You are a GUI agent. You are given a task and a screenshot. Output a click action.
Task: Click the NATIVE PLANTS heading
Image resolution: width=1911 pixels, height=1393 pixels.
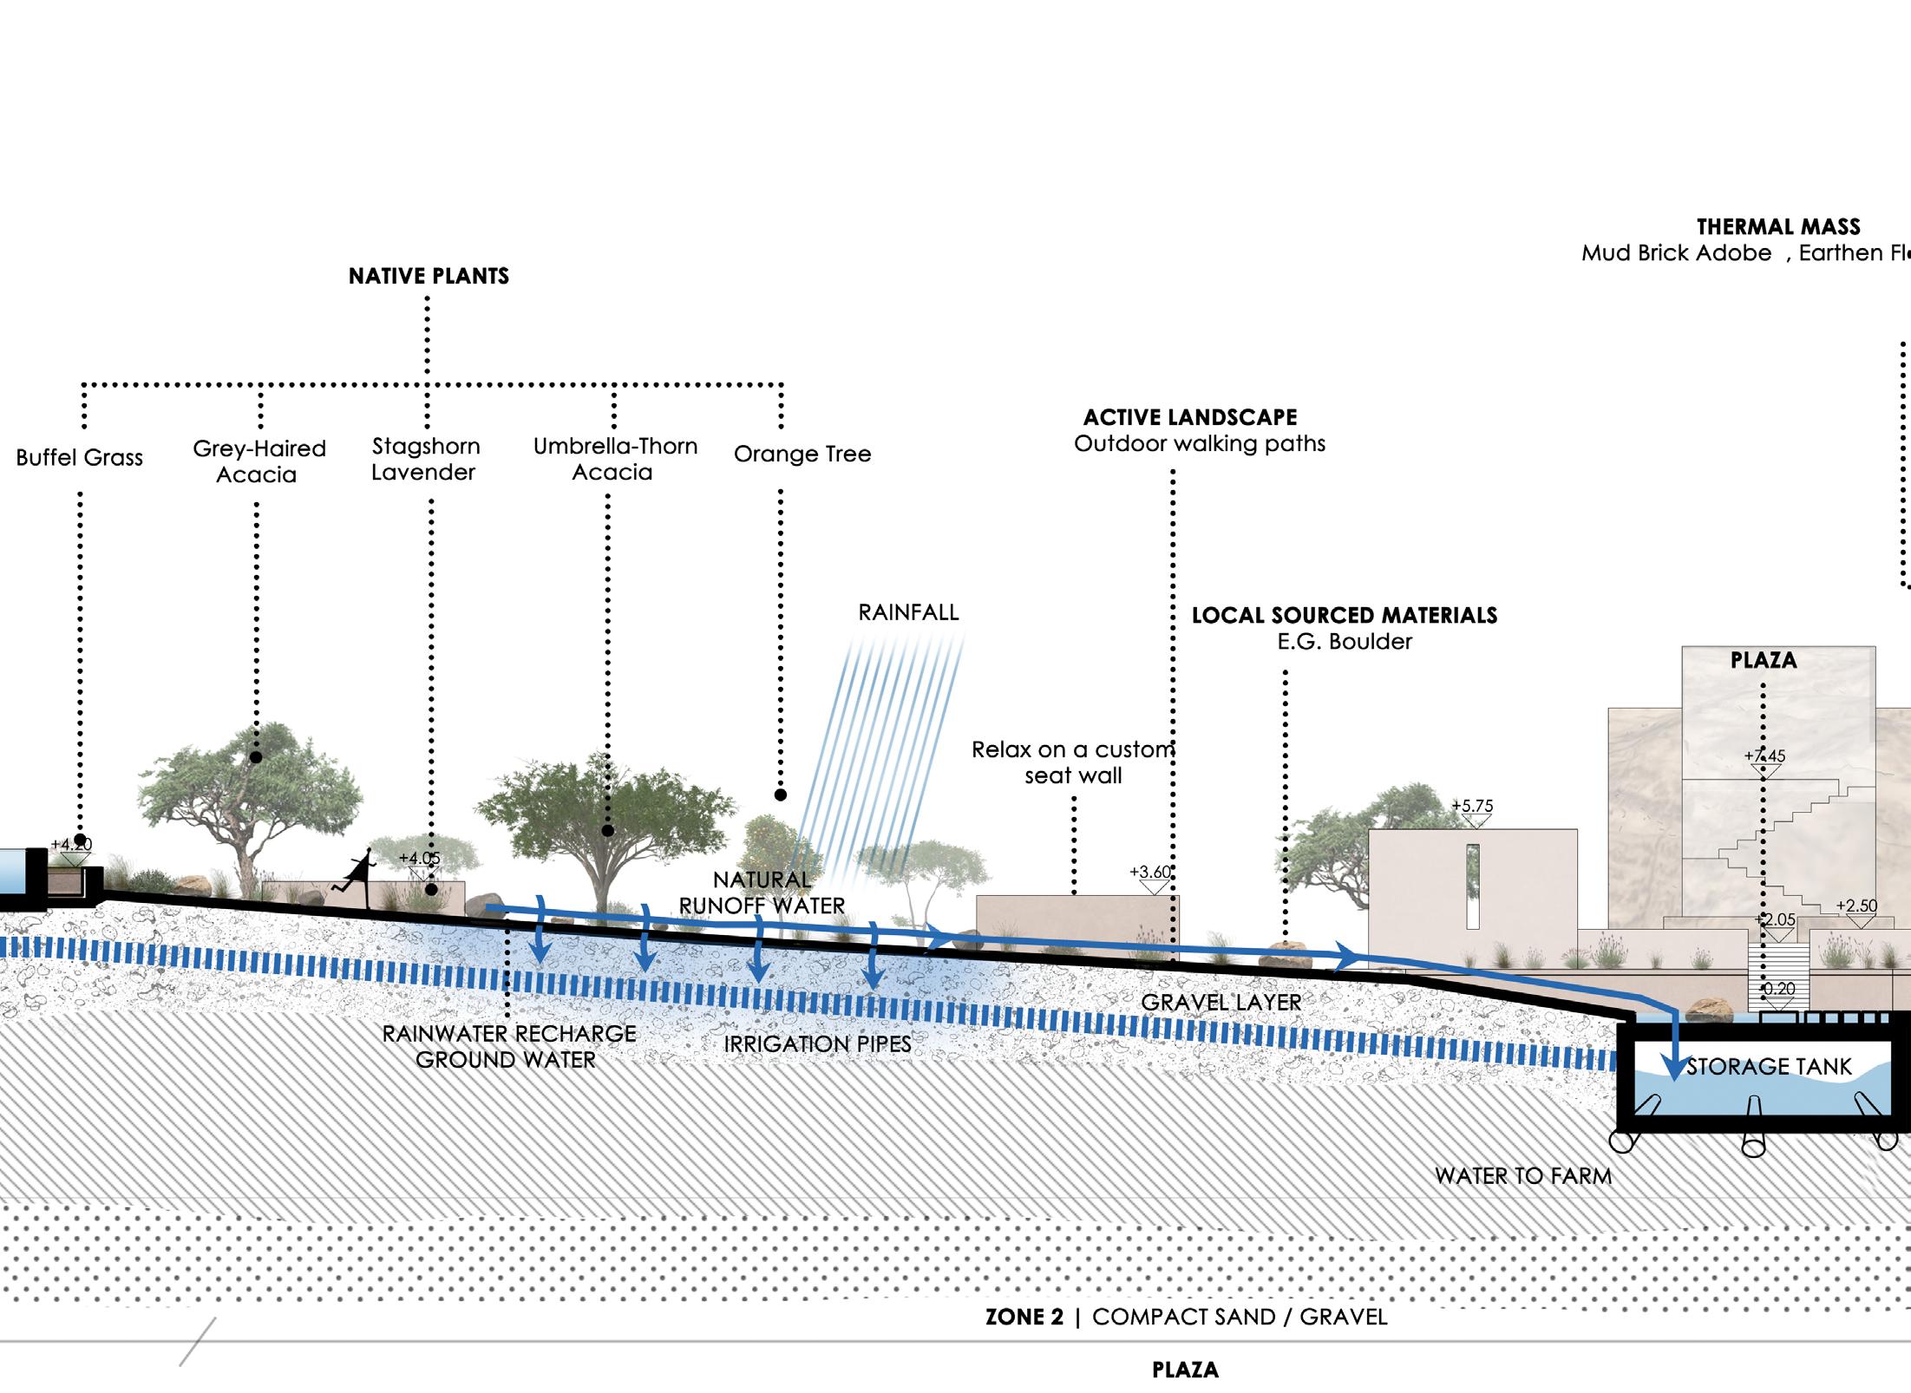tap(429, 276)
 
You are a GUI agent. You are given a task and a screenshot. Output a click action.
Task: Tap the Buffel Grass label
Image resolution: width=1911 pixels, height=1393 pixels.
tap(80, 457)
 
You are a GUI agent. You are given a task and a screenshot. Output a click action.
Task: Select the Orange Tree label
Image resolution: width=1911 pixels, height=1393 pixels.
tap(802, 454)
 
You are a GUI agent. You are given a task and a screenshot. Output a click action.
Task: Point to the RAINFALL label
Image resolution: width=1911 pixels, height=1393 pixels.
tap(908, 612)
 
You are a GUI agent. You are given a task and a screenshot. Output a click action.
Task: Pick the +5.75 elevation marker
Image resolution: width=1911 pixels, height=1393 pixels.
tap(1473, 807)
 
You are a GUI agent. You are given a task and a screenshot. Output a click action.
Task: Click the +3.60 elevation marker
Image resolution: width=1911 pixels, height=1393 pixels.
tap(1150, 873)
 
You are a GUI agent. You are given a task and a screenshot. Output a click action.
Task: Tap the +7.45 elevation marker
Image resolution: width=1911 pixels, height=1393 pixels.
tap(1764, 756)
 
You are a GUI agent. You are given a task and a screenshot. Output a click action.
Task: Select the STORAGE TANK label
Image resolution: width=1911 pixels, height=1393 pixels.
tap(1769, 1066)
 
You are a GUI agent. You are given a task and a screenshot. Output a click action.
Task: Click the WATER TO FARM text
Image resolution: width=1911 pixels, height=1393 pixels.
tap(1523, 1175)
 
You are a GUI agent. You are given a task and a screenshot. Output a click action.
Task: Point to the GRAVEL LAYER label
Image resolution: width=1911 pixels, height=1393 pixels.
tap(1221, 1002)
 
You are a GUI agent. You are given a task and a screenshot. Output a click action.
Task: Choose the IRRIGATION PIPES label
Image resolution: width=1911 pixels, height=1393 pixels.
tap(817, 1043)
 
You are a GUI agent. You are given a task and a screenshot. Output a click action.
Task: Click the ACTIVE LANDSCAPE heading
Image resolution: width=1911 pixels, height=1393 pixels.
tap(1190, 417)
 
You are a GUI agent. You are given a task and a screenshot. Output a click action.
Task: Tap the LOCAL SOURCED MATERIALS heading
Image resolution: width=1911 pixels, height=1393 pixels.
tap(1345, 615)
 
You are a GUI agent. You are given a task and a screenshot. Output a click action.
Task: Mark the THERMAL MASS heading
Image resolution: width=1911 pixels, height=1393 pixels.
tap(1778, 227)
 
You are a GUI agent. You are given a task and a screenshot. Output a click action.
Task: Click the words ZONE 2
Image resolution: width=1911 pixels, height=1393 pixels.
tap(1024, 1317)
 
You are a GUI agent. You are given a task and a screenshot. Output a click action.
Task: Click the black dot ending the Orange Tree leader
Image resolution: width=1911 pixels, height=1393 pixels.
tap(781, 795)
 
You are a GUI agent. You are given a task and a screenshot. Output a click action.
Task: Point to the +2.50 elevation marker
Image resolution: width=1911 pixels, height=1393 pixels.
tap(1856, 906)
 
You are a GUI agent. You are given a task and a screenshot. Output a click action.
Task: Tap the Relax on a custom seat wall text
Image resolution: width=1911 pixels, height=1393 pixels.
tap(1073, 762)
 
